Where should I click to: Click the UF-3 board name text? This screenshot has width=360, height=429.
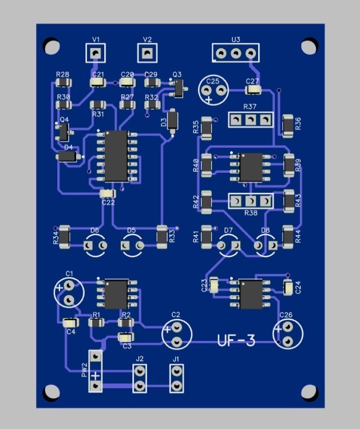click(x=236, y=341)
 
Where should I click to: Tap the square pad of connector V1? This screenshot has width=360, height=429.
click(x=96, y=54)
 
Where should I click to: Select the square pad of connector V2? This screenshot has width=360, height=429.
click(x=147, y=54)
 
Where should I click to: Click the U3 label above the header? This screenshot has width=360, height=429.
click(x=235, y=39)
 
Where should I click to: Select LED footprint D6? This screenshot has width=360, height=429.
click(x=95, y=245)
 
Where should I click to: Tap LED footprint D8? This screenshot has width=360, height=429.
click(x=266, y=245)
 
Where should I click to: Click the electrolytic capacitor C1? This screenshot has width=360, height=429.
click(x=69, y=292)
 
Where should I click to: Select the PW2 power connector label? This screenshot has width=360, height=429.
click(x=85, y=370)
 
